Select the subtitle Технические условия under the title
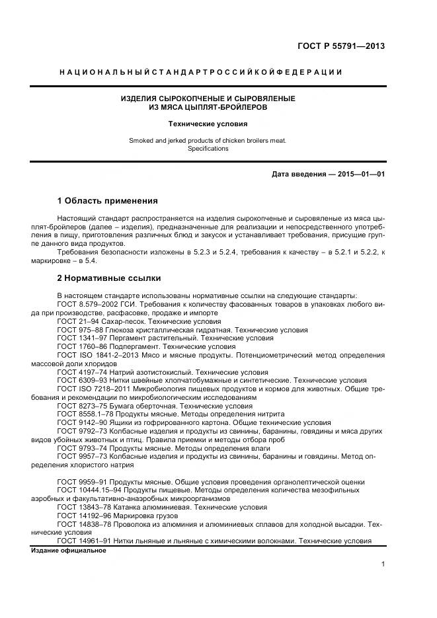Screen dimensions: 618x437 tap(208, 124)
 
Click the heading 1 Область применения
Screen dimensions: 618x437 tap(107, 200)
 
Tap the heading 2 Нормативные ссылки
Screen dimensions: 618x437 tap(108, 278)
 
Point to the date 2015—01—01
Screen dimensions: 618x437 tap(361, 174)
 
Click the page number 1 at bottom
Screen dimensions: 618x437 tap(383, 564)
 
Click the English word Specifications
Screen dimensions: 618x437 tap(208, 149)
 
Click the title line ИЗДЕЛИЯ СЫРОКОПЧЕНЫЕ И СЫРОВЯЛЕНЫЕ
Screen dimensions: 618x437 tap(208, 98)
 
